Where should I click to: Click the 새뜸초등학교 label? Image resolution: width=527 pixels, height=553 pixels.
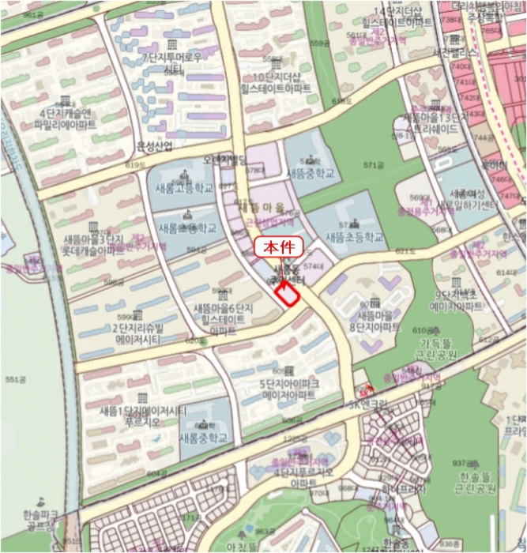[x=354, y=236]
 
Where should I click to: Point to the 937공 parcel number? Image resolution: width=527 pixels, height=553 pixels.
[x=463, y=463]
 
